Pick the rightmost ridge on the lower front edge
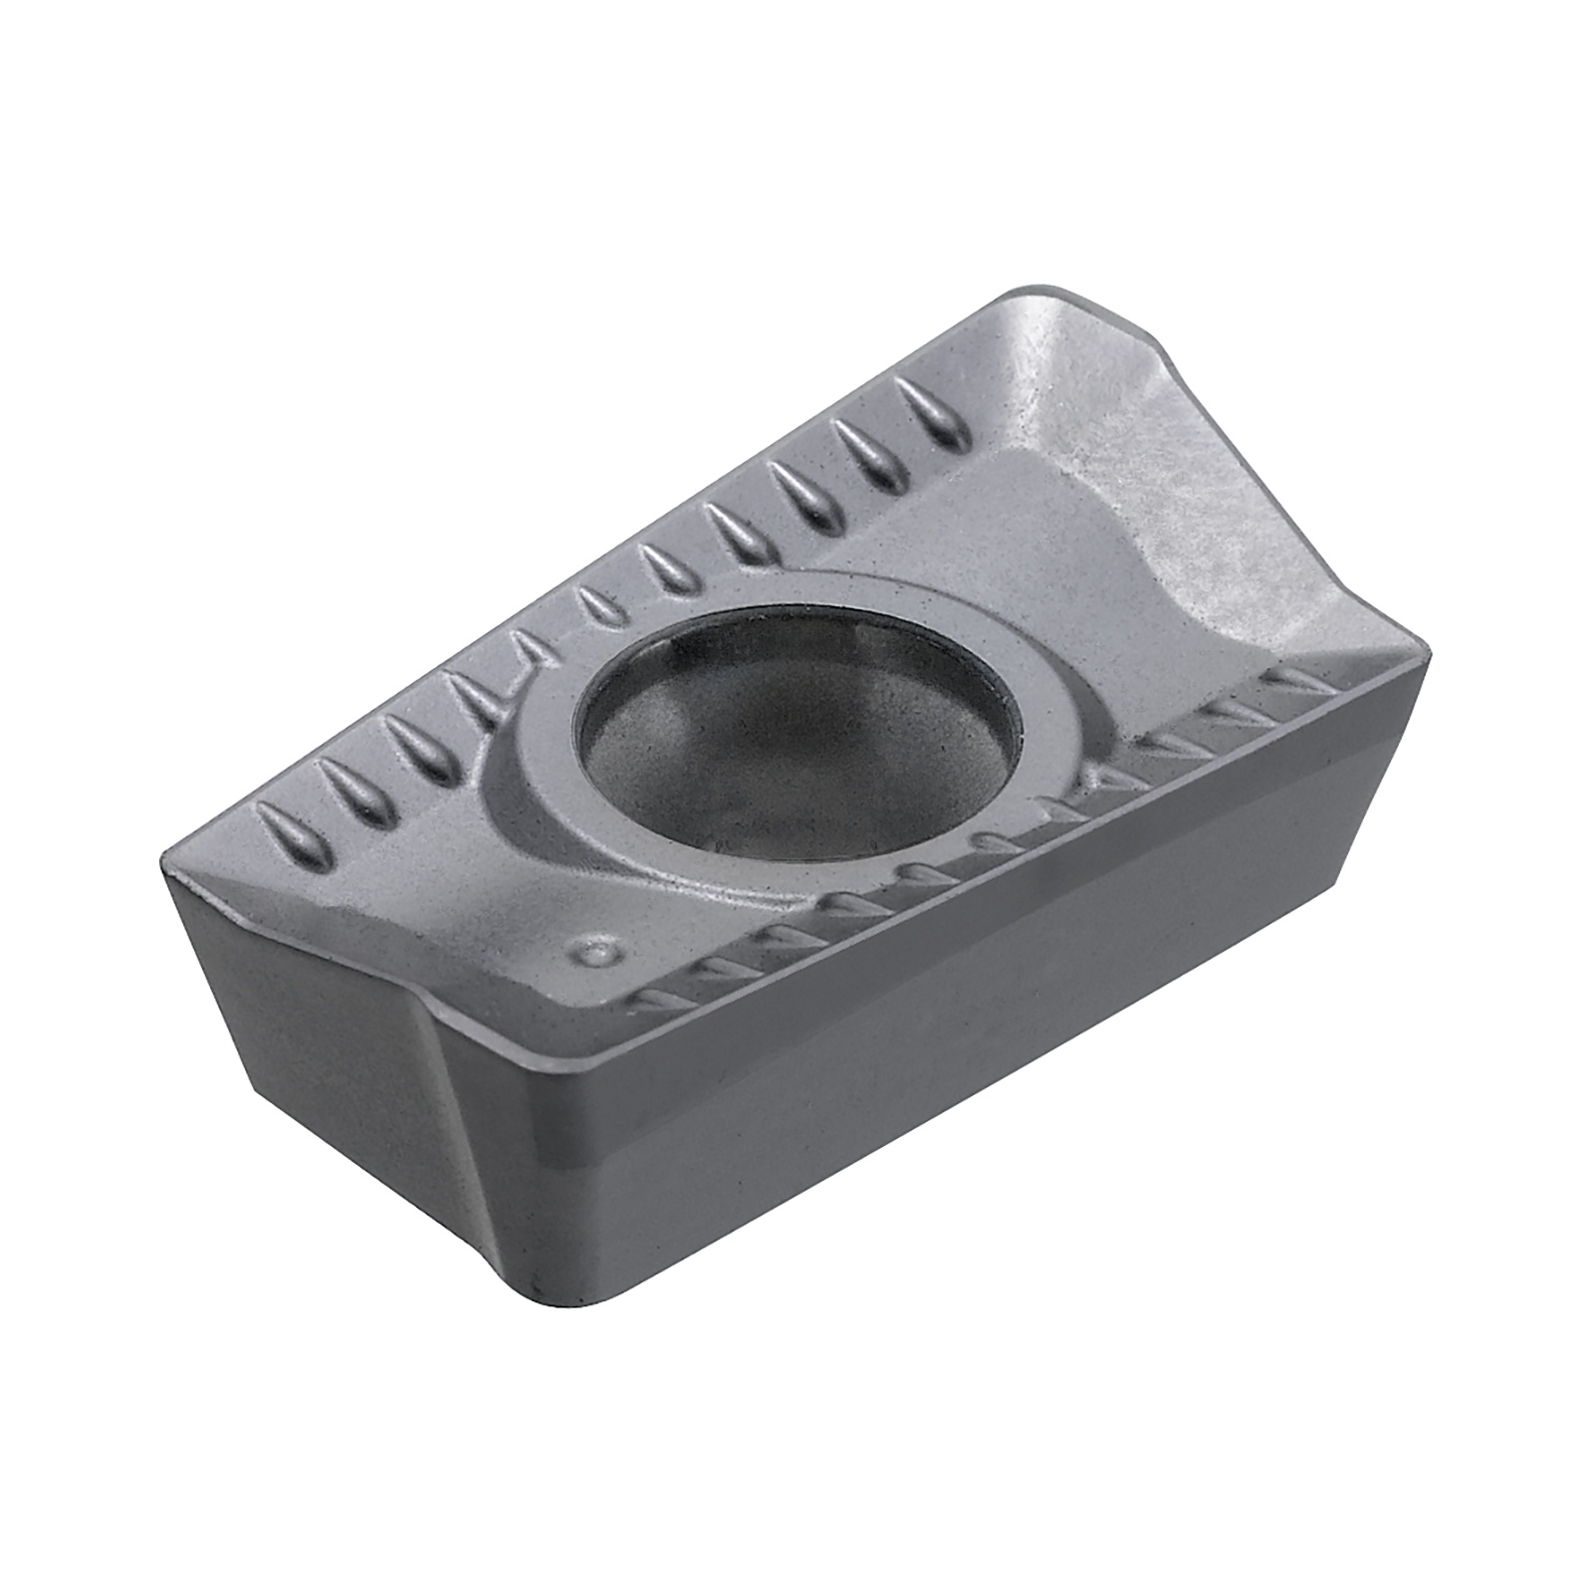pyautogui.click(x=1294, y=677)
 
